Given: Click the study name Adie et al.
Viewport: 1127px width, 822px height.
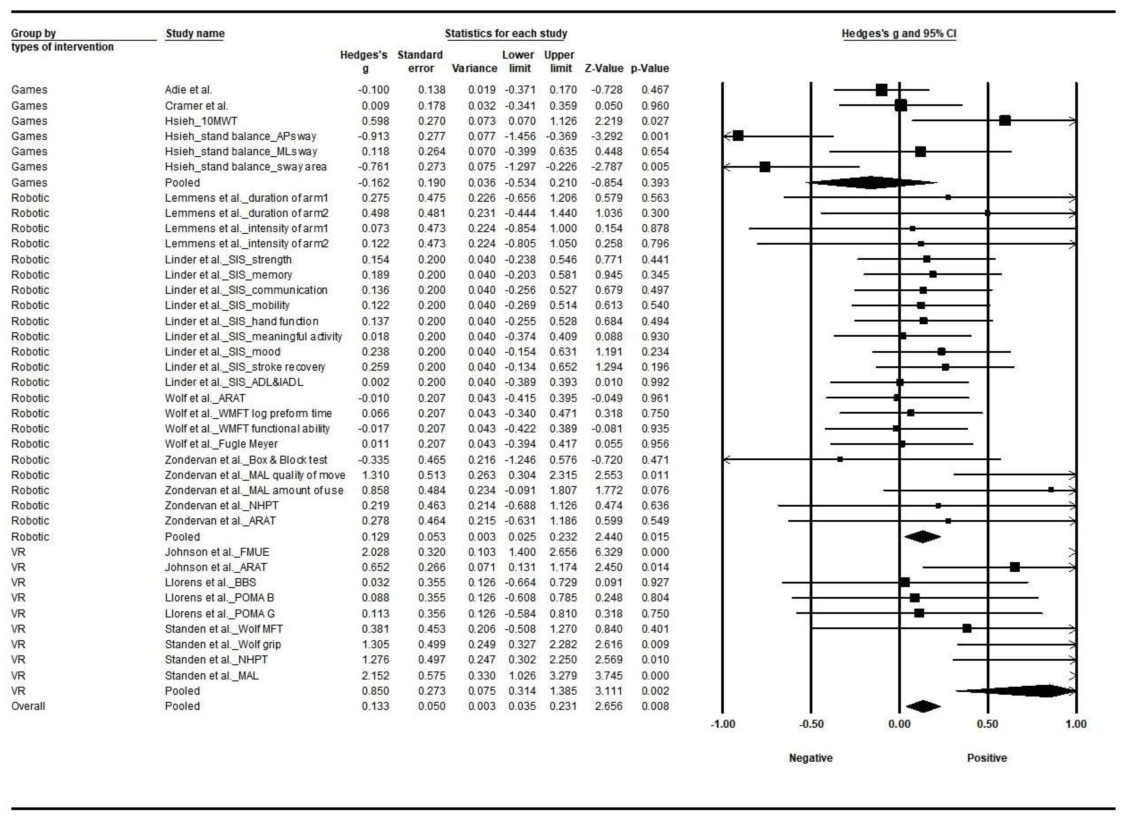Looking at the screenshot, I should pos(188,90).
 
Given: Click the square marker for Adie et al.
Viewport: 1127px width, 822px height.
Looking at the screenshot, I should pos(881,90).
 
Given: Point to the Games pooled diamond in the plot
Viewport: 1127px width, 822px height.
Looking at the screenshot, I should pos(870,183).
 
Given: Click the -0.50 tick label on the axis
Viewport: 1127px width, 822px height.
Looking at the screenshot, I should pos(811,724).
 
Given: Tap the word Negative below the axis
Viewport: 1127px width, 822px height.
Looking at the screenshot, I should pos(811,758).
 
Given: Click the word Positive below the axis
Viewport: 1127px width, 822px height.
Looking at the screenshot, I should pos(987,758).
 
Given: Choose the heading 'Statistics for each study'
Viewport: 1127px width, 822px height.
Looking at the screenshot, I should pos(506,34).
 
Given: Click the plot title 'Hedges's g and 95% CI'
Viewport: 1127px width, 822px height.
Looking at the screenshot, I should pos(899,34).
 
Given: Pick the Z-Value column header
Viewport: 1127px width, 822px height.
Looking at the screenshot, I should pos(604,68).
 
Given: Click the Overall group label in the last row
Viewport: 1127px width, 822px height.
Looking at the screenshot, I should pos(28,706).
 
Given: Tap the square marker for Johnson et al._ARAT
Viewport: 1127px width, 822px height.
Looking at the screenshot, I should pos(1014,567).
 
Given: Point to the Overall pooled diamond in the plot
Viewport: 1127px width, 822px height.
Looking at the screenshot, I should pos(923,706).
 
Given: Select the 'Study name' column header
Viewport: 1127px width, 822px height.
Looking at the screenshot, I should pos(195,34).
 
